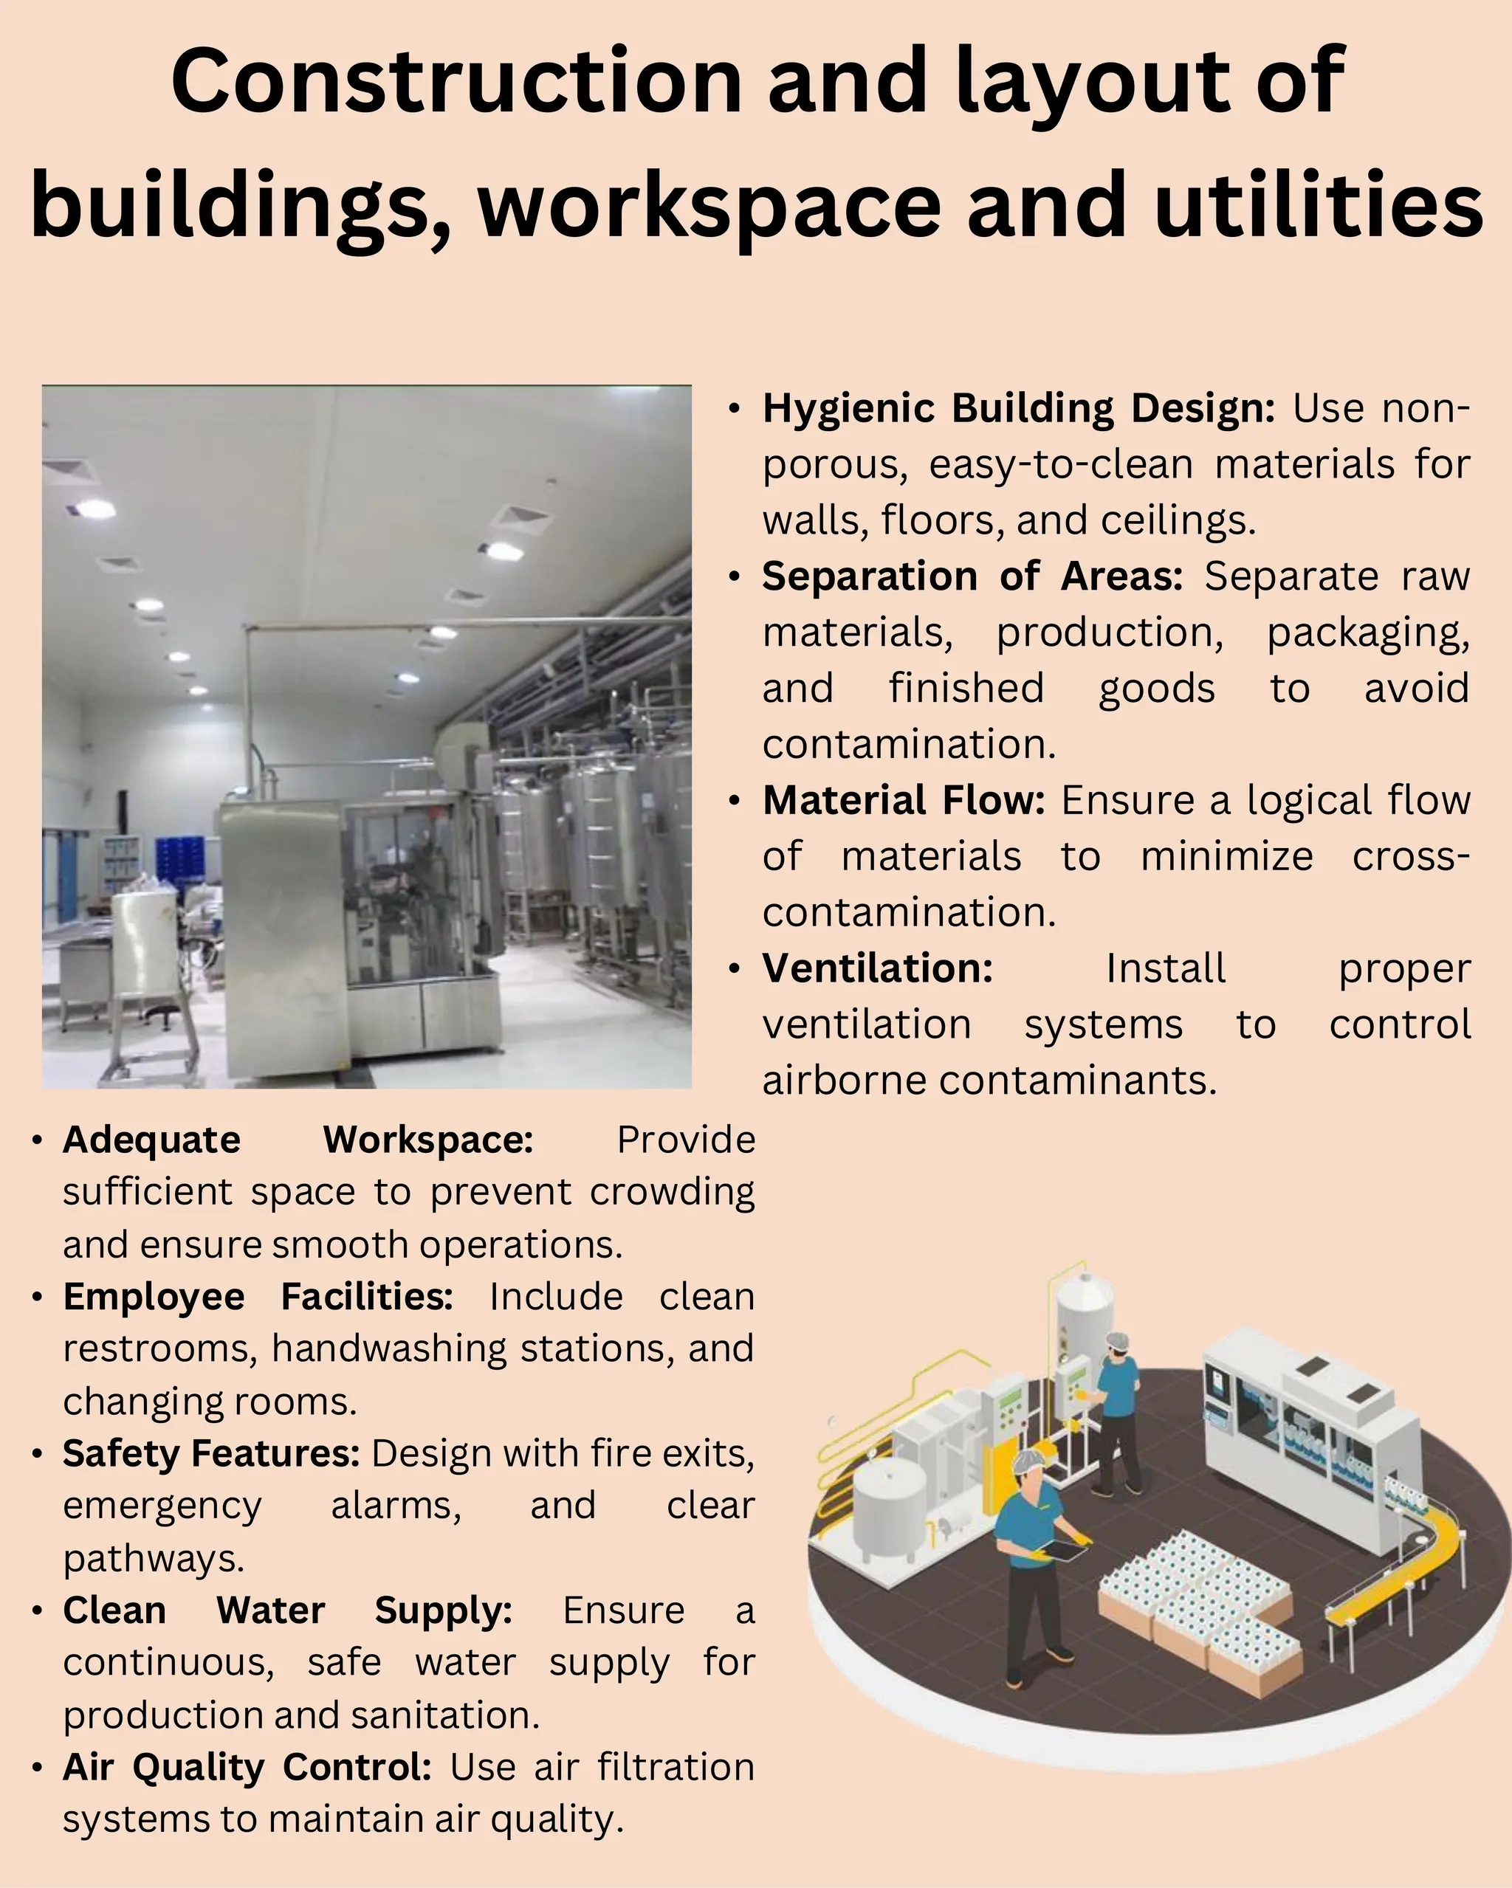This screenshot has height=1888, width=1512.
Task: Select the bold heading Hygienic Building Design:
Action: (1018, 409)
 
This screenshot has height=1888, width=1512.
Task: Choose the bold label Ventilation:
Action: (878, 968)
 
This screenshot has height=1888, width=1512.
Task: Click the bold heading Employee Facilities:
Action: (258, 1297)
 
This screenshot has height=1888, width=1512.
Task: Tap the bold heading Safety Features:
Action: (211, 1454)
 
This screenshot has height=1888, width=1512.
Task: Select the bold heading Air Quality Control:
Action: (247, 1767)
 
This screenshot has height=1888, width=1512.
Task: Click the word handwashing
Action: (389, 1349)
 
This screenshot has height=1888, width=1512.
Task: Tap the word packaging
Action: (1367, 633)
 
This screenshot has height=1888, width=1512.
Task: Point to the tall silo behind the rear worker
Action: (1084, 1314)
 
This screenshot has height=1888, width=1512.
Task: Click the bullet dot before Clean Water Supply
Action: (37, 1611)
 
